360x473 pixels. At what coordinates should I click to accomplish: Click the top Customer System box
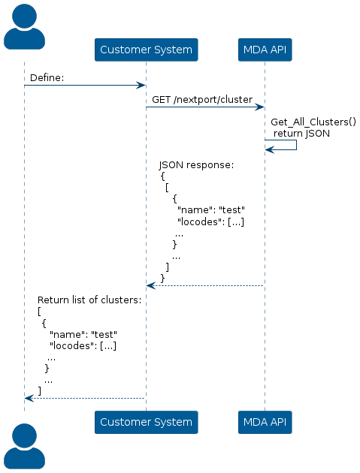(x=146, y=50)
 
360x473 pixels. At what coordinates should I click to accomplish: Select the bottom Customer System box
(x=146, y=422)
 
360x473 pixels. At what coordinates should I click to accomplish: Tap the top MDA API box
(x=265, y=50)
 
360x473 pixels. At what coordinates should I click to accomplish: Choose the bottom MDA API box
(x=265, y=422)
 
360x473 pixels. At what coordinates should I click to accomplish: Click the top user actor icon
(x=25, y=26)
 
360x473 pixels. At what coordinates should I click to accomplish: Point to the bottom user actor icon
(x=25, y=446)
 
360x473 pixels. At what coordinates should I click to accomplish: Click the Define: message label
(x=47, y=78)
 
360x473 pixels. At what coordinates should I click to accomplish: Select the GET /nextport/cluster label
(x=202, y=100)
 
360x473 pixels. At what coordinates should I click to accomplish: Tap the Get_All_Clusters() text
(x=313, y=122)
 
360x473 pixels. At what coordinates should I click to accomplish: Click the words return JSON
(x=301, y=134)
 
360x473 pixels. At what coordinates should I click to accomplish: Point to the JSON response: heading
(x=196, y=165)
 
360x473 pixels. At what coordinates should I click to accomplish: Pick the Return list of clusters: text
(x=89, y=300)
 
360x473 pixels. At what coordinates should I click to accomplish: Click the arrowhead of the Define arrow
(x=141, y=86)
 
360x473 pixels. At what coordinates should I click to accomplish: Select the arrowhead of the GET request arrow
(x=260, y=107)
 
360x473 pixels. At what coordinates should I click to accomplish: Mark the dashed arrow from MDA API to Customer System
(x=205, y=285)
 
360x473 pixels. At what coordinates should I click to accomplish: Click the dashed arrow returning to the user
(x=85, y=398)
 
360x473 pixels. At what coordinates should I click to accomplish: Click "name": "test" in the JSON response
(x=210, y=210)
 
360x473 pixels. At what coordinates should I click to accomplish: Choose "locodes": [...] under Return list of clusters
(x=83, y=345)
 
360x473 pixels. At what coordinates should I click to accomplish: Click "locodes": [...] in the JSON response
(x=210, y=222)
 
